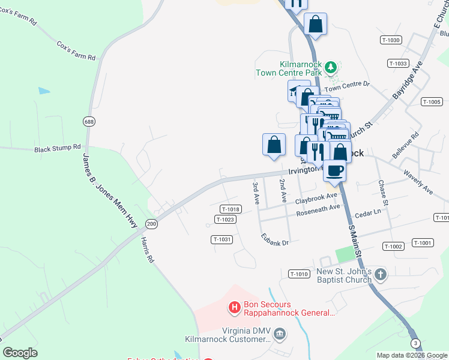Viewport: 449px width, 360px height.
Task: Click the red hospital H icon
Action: tap(235, 308)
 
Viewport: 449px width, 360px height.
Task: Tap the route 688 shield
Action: tap(89, 122)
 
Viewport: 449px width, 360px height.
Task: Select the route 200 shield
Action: tap(151, 224)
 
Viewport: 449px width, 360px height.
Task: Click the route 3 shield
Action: tap(415, 343)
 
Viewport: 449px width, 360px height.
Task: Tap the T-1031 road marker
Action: tap(221, 239)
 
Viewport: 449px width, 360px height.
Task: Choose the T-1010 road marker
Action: tap(299, 274)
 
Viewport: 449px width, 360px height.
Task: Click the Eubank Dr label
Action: tap(275, 240)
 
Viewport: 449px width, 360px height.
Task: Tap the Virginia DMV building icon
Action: tap(280, 333)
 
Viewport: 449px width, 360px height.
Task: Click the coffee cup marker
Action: tap(335, 170)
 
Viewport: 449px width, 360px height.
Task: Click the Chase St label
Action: tap(381, 193)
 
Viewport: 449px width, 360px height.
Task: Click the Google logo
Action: tap(20, 353)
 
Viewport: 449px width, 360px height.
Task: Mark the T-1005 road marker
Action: tap(432, 102)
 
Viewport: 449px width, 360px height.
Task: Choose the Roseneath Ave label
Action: tap(318, 211)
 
